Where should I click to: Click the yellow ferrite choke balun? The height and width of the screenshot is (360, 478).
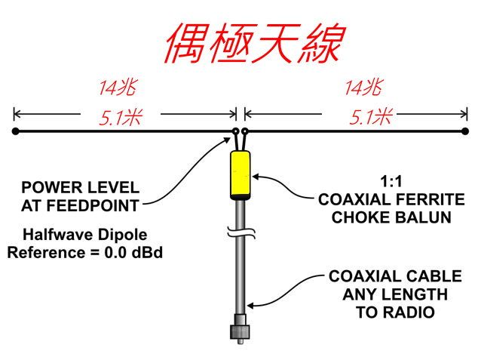(241, 173)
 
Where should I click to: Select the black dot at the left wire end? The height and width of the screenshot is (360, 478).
(16, 131)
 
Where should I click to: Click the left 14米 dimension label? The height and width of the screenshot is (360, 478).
(120, 88)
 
